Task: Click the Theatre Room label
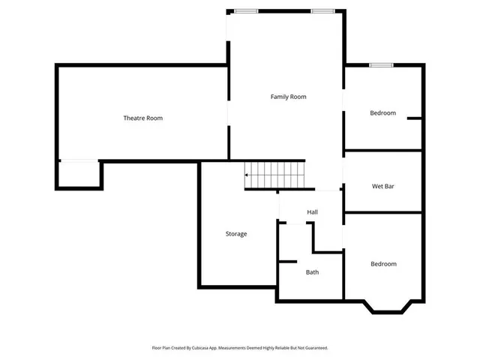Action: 143,118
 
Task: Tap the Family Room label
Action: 289,97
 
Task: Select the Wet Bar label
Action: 383,186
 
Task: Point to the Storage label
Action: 236,234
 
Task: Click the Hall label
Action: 312,212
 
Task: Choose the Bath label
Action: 312,272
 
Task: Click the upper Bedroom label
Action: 382,113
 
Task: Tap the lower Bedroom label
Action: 383,264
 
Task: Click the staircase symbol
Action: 275,175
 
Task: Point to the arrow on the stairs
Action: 247,175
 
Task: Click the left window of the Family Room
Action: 246,10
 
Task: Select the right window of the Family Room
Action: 323,10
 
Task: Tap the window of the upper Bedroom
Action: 381,65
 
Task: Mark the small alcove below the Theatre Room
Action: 79,174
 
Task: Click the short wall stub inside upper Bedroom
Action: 414,118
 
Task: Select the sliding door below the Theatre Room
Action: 79,160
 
